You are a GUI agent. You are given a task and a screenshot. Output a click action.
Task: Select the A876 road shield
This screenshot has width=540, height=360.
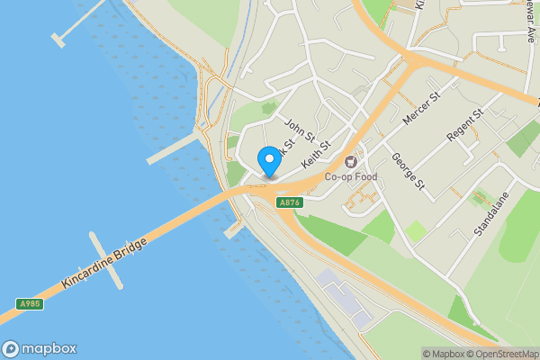[x=289, y=203]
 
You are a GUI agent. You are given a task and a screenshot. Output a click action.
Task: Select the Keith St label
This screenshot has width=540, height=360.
[x=317, y=155]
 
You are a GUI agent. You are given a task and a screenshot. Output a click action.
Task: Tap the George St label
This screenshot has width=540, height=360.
[x=407, y=171]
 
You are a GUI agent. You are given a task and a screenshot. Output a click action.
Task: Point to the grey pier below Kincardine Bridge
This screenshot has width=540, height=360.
[x=106, y=261]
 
